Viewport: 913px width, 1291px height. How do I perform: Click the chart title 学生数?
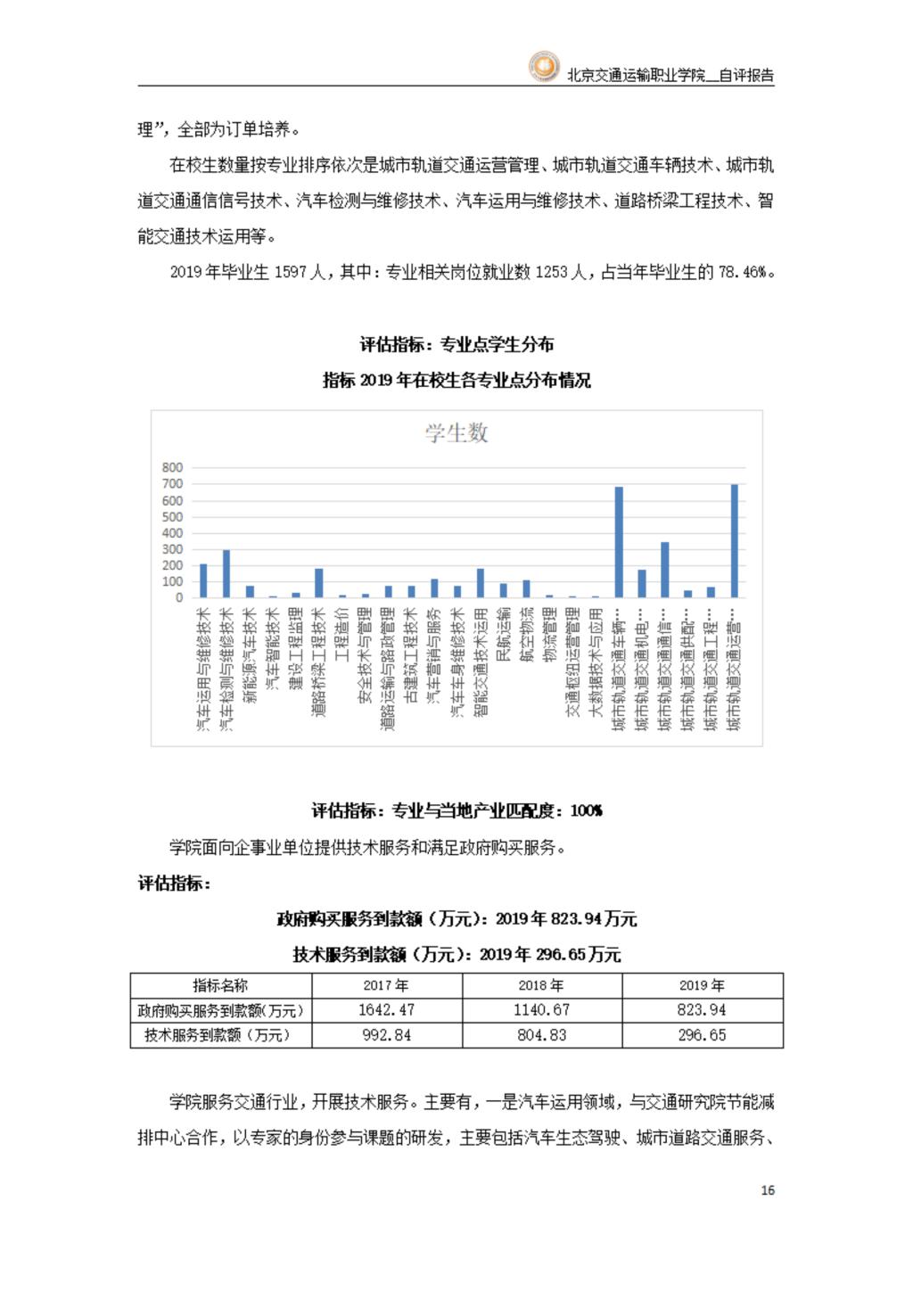click(456, 433)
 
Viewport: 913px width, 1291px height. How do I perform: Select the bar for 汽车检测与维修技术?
click(226, 573)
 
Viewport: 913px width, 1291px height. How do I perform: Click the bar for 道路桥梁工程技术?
click(319, 583)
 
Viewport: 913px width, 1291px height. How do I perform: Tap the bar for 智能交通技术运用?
click(481, 583)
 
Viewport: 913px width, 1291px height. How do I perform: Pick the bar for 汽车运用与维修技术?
click(203, 580)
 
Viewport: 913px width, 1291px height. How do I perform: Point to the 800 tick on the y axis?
click(172, 467)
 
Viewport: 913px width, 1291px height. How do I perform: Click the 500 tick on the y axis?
click(172, 517)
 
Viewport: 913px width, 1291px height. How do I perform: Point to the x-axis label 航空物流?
click(527, 634)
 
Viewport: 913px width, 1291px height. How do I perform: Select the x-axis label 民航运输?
click(504, 634)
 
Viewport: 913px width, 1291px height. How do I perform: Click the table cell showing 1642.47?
click(386, 1010)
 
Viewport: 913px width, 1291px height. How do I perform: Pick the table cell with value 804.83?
click(542, 1035)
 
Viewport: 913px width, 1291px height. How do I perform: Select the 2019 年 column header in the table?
click(702, 985)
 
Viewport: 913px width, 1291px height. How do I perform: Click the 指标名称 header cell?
click(220, 985)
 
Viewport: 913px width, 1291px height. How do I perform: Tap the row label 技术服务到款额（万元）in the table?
click(220, 1035)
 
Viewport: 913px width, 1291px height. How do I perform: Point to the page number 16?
click(768, 1190)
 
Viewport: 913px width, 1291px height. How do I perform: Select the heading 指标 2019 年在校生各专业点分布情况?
click(456, 381)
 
